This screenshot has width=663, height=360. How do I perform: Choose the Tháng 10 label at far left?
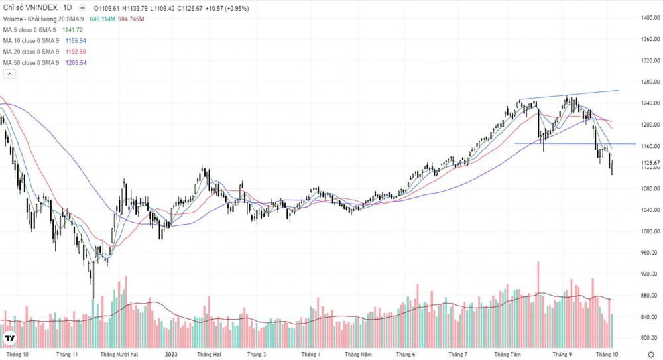point(16,355)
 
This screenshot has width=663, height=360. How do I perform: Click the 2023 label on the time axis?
point(172,355)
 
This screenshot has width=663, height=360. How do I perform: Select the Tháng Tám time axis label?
point(507,355)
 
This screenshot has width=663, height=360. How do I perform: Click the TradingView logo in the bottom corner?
point(10,339)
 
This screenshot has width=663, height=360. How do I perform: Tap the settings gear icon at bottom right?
point(650,355)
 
